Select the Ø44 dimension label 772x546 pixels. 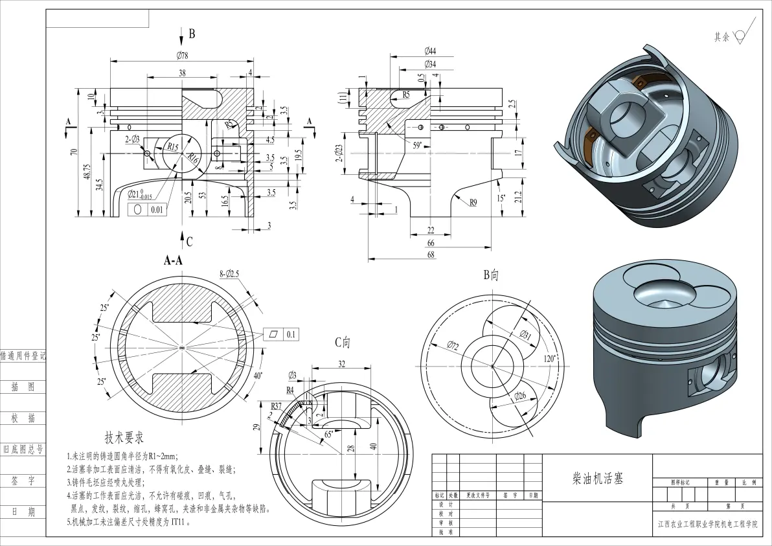[430, 51]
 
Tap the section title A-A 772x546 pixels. [173, 261]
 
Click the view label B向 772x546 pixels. [490, 275]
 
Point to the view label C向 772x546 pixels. [343, 342]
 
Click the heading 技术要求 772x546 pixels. [124, 438]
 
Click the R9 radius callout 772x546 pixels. [473, 203]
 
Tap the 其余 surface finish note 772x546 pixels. [721, 38]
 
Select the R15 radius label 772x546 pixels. [172, 147]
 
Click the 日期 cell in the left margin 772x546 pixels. [23, 512]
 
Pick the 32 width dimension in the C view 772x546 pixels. [341, 364]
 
